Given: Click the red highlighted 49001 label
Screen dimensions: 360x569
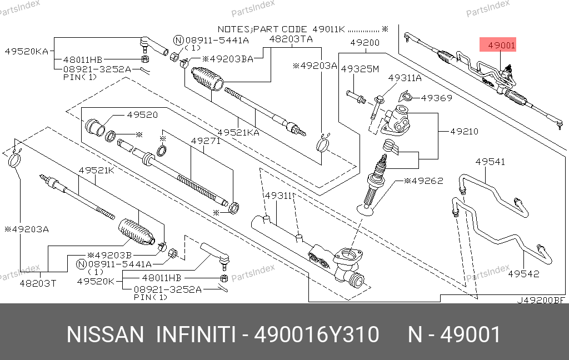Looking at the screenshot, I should pos(502,46).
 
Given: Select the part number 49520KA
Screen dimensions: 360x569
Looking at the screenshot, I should pos(26,51).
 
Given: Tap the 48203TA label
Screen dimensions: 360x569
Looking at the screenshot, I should pos(291,39).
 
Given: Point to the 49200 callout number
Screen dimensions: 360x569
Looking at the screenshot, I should pos(365,42).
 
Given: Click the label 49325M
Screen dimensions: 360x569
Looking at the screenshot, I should pos(360,69).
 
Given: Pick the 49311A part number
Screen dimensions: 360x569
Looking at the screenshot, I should pos(405,78).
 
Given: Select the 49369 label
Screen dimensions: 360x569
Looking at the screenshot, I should pos(436,98).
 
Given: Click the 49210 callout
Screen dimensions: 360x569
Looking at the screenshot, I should pos(464,132).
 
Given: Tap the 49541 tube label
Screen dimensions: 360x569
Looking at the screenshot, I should pos(490,162).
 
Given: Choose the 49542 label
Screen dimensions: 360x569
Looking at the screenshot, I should pos(524,273).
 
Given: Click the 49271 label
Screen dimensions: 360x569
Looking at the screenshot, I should pos(206,141).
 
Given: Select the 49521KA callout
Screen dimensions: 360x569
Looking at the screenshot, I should pos(238,133).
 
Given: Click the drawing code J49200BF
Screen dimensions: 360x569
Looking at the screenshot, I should pos(541,300).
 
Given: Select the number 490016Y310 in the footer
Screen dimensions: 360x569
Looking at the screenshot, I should pos(316,335).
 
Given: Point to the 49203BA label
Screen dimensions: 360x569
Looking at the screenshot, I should pos(227,58).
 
